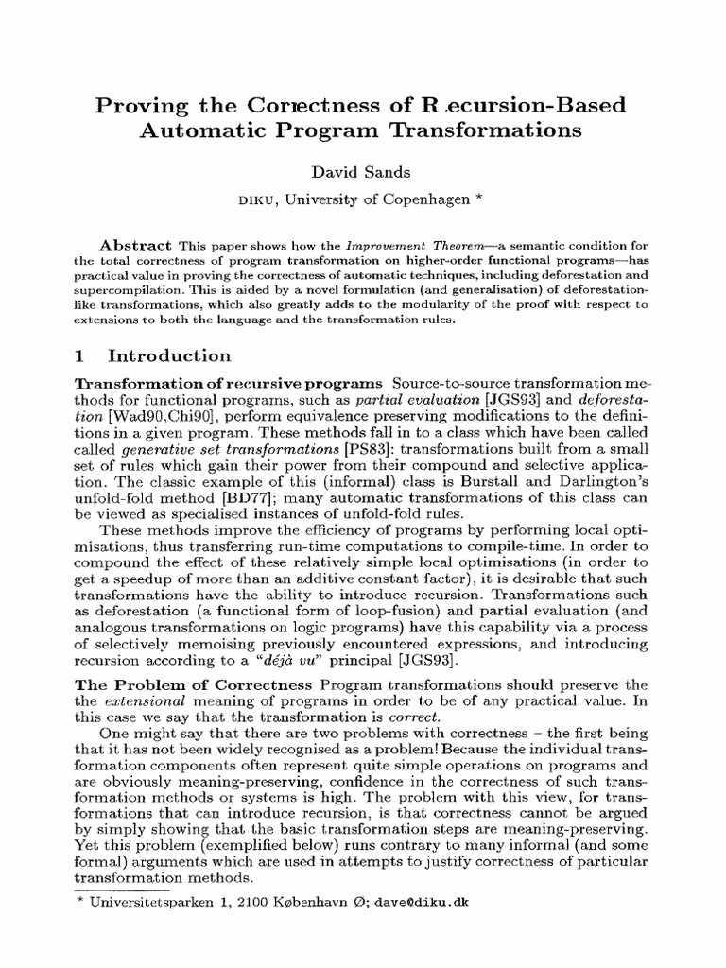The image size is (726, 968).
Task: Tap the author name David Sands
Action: pos(363,173)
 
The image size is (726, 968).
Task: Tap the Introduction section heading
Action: pos(169,356)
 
